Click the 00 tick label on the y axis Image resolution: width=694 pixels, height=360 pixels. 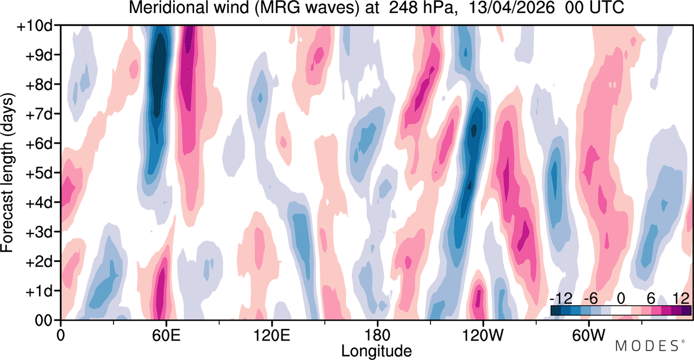[x=43, y=321]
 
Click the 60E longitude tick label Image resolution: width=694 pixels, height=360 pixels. [x=166, y=336]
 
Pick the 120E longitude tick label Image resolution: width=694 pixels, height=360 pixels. [x=272, y=336]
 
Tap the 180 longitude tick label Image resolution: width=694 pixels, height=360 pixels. [x=377, y=336]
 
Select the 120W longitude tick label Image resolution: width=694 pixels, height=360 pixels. [x=483, y=336]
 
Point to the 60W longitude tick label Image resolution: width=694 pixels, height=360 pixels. [x=588, y=336]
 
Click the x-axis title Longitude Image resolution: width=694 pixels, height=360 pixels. [x=376, y=351]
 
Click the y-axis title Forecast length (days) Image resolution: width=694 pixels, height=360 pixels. [x=8, y=172]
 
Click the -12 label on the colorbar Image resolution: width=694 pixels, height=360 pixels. [x=561, y=299]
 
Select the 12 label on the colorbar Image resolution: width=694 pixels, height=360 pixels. [x=681, y=299]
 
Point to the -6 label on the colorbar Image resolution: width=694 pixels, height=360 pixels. [x=590, y=299]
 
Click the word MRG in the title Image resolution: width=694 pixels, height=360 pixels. [x=278, y=8]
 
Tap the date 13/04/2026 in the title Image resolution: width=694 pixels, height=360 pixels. [x=511, y=8]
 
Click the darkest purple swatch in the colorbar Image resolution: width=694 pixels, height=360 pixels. [x=686, y=311]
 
